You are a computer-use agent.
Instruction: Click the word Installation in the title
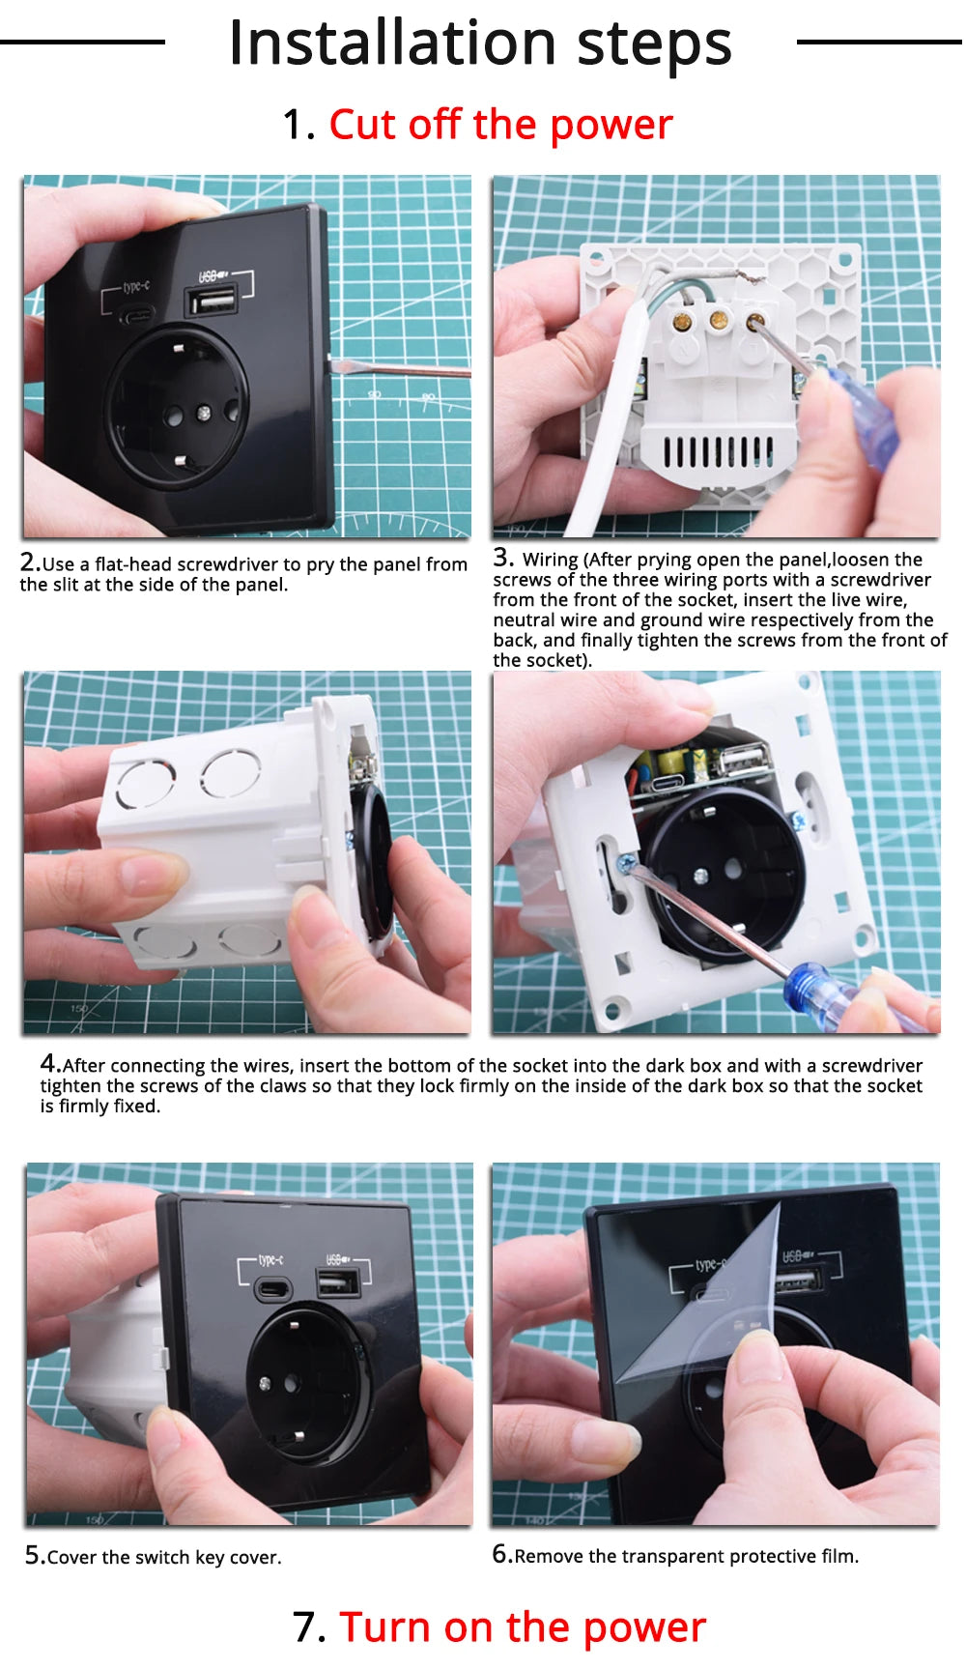(x=393, y=43)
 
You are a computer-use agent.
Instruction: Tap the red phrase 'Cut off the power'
(x=500, y=125)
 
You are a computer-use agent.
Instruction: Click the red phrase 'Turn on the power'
(x=523, y=1626)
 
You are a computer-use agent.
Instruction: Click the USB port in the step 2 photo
(x=212, y=301)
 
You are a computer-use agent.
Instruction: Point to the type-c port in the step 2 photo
(x=136, y=316)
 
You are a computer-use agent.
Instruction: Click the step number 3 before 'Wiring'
(x=502, y=558)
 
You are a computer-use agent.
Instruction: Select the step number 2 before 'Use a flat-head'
(x=30, y=562)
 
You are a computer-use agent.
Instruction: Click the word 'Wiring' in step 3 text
(x=550, y=561)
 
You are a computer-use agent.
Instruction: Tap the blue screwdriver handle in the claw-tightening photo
(x=845, y=1000)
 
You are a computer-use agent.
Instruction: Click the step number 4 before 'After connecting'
(x=50, y=1063)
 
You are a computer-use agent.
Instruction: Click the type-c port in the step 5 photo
(x=273, y=1289)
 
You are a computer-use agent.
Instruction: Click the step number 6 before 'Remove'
(x=501, y=1554)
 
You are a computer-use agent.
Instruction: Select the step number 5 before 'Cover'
(x=35, y=1555)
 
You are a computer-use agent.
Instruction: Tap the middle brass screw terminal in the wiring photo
(x=718, y=320)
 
